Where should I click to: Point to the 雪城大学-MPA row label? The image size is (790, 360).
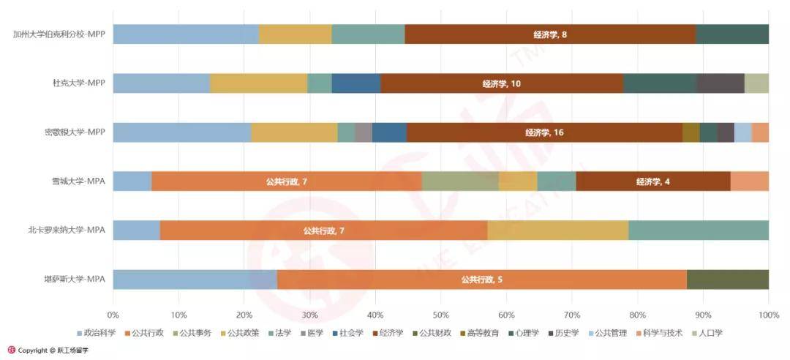[75, 181]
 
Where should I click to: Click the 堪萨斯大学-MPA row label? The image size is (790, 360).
[75, 280]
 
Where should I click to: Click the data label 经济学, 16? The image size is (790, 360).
[544, 132]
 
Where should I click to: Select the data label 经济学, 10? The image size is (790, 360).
[502, 83]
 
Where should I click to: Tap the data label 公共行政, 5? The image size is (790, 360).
[481, 280]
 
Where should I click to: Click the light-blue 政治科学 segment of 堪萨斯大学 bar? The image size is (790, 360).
[195, 280]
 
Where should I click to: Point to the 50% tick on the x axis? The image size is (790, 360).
[440, 315]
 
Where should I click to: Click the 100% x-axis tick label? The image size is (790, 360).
[768, 315]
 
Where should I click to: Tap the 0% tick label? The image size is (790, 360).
[113, 315]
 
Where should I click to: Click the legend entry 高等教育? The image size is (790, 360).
[481, 333]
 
